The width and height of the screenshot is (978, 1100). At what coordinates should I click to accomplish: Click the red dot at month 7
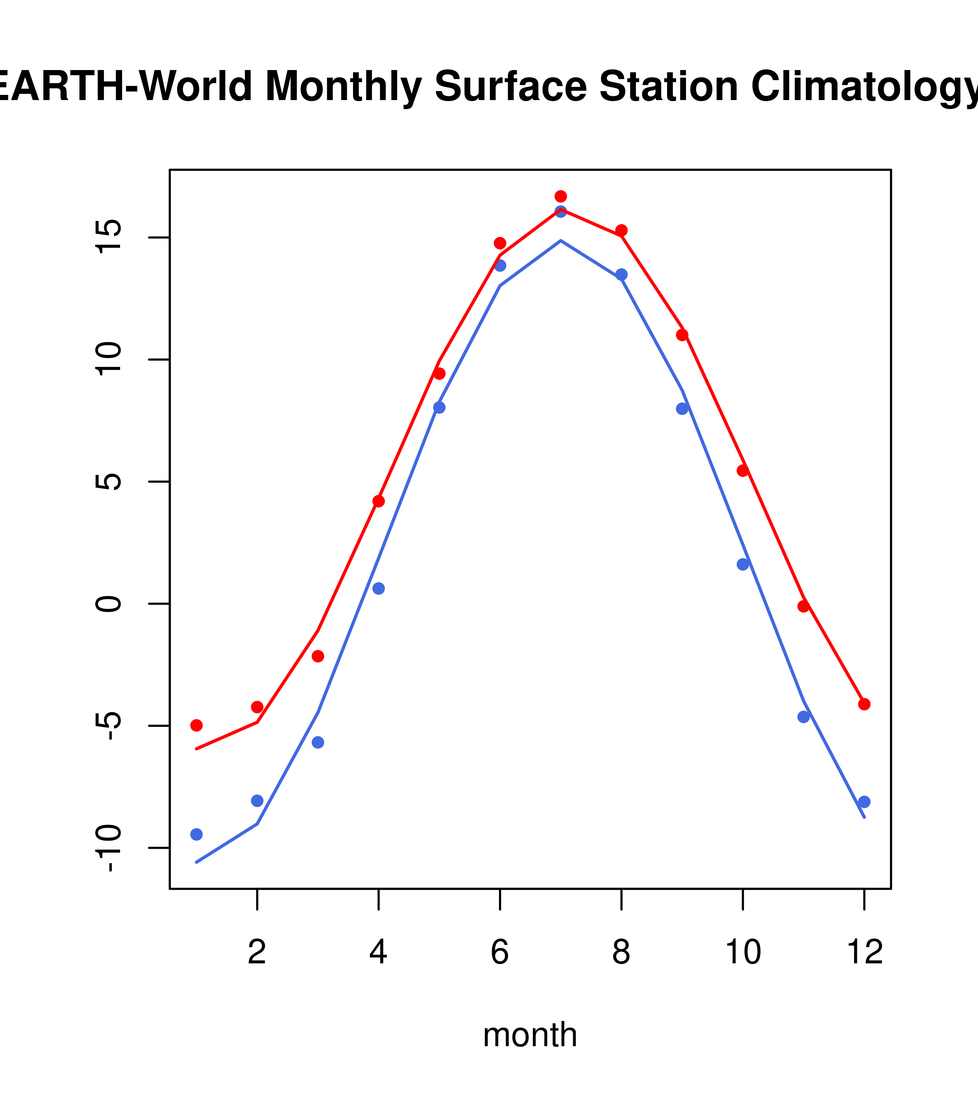[561, 196]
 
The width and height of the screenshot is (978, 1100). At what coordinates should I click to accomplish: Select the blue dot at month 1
[196, 835]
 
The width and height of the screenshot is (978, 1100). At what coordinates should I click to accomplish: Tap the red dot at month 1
[196, 725]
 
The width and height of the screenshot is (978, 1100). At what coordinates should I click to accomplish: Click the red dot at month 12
[864, 705]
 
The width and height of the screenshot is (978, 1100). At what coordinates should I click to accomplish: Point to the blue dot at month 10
[743, 564]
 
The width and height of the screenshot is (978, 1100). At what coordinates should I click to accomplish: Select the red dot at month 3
[318, 656]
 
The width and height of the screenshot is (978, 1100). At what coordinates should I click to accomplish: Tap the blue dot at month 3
[318, 743]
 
